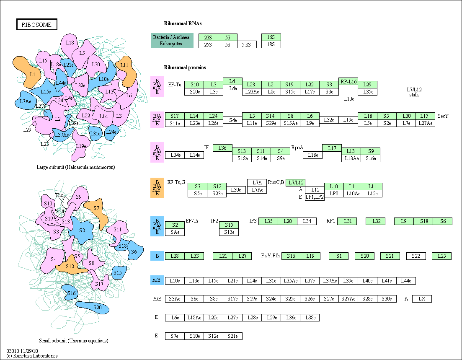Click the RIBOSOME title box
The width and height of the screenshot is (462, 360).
pyautogui.click(x=37, y=25)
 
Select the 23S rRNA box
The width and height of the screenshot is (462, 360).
pyautogui.click(x=208, y=37)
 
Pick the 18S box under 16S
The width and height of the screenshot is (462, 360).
pyautogui.click(x=271, y=44)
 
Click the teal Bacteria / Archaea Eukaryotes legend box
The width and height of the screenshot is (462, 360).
pyautogui.click(x=172, y=41)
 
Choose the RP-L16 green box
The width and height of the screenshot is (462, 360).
pyautogui.click(x=348, y=82)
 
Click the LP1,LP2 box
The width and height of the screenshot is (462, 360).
pyautogui.click(x=315, y=197)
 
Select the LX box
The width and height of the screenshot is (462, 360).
pyautogui.click(x=422, y=299)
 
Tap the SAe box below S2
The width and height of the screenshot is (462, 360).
pyautogui.click(x=175, y=232)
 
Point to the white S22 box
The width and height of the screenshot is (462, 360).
pyautogui.click(x=416, y=256)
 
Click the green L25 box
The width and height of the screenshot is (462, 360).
pyautogui.click(x=442, y=256)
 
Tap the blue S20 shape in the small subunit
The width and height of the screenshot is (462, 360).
pyautogui.click(x=97, y=308)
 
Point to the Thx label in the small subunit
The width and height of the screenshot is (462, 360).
pyautogui.click(x=59, y=195)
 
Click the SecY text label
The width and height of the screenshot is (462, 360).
pyautogui.click(x=443, y=116)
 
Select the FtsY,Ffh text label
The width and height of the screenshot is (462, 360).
pyautogui.click(x=270, y=256)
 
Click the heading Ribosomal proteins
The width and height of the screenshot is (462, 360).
pyautogui.click(x=185, y=67)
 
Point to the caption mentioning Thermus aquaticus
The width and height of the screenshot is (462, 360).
pyautogui.click(x=73, y=341)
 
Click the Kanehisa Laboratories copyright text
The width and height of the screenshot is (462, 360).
pyautogui.click(x=32, y=356)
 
